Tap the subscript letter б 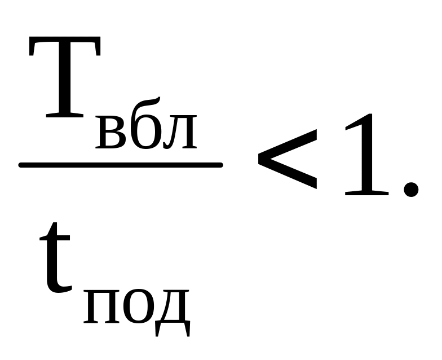click(x=146, y=130)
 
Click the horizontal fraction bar click(x=121, y=165)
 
